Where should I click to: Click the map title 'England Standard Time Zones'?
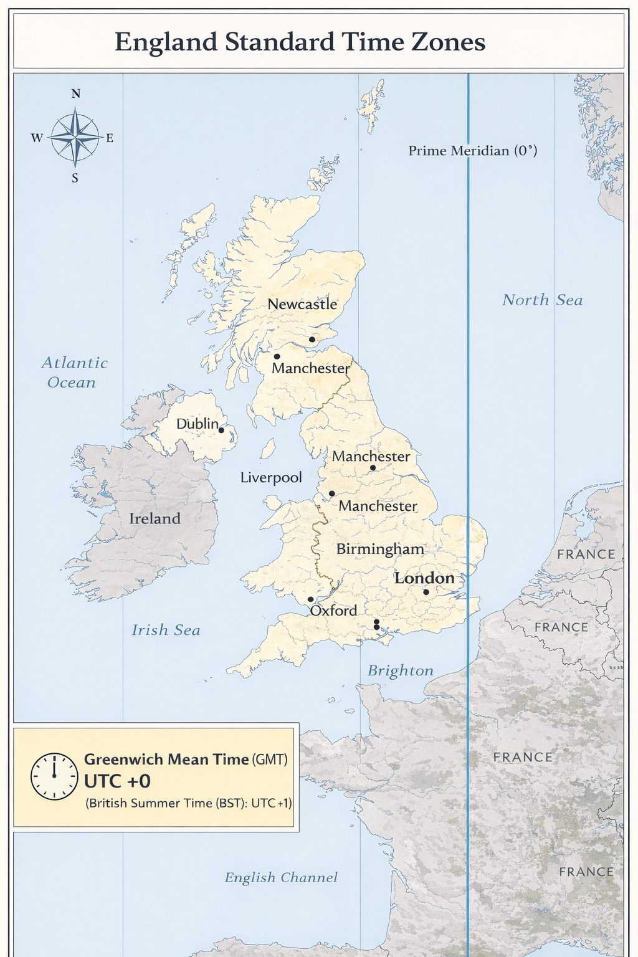[300, 42]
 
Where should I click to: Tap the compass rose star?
[75, 136]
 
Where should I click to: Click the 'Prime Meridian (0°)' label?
[472, 151]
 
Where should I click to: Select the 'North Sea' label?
[542, 300]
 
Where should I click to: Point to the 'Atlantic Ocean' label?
[74, 373]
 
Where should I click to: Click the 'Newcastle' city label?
[302, 305]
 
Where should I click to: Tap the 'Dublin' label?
[197, 424]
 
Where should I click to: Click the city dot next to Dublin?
[221, 430]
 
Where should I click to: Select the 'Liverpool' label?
[271, 478]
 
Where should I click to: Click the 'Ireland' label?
[155, 518]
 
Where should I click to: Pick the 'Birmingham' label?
[380, 549]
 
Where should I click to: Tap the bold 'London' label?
[424, 578]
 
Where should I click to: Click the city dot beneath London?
[426, 592]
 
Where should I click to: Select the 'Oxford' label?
[333, 611]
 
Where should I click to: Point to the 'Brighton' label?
[400, 671]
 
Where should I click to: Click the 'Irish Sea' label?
[166, 631]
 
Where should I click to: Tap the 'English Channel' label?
[281, 878]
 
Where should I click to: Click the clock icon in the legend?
[55, 776]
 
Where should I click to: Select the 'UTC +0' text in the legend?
[117, 781]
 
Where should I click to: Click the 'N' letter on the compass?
[75, 94]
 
